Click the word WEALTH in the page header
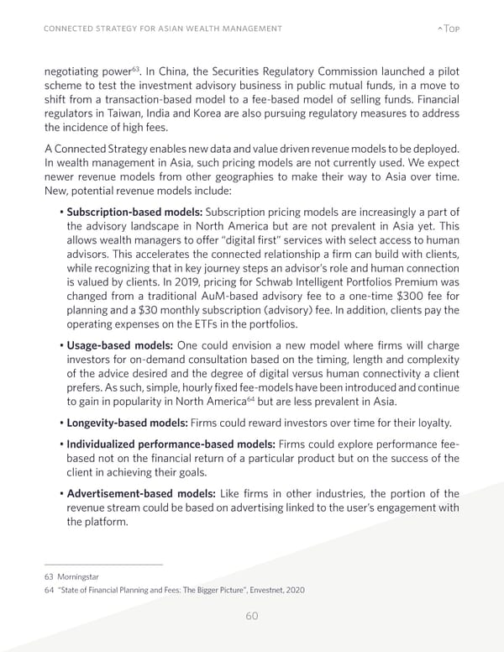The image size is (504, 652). pyautogui.click(x=197, y=30)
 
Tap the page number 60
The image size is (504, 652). pyautogui.click(x=251, y=616)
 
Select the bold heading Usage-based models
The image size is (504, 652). pyautogui.click(x=119, y=347)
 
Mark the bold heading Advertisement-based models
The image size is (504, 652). pyautogui.click(x=139, y=493)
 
